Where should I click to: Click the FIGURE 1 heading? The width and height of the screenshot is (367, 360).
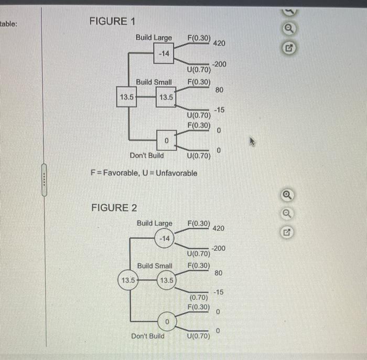[112, 22]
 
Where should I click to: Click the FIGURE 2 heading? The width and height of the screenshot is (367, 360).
[114, 208]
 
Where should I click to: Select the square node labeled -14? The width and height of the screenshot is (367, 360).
[164, 54]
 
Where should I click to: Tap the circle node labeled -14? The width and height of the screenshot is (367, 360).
[165, 238]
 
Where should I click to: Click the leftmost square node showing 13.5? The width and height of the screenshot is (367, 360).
[127, 97]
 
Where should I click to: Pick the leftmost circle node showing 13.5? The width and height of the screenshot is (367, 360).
[128, 280]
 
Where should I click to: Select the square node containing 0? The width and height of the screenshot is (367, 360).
[166, 140]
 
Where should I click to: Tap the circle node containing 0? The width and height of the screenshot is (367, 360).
[167, 321]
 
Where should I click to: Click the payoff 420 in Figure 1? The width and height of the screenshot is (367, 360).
[219, 44]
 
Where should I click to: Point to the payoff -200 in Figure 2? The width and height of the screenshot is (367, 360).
[219, 248]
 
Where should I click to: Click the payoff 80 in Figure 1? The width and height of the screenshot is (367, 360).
[219, 90]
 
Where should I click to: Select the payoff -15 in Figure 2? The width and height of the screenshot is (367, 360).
[219, 292]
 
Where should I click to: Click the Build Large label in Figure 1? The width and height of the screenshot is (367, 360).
[154, 38]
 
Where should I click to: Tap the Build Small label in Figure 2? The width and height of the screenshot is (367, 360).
[155, 266]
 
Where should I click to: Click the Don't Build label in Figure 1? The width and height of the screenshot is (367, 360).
[147, 155]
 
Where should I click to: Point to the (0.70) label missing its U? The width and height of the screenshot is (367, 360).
[199, 298]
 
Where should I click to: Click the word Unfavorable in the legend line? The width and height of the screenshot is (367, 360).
[177, 173]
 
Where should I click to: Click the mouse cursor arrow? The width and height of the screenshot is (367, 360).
[252, 142]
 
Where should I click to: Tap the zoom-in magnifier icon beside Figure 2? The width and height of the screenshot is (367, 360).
[287, 195]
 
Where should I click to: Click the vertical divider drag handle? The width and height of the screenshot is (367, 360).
[44, 180]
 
